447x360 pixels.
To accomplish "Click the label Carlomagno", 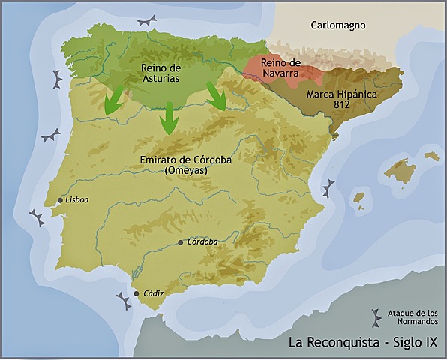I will click(337, 25).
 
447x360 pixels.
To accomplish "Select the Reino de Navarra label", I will click(280, 68).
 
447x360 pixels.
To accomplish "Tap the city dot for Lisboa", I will click(59, 200).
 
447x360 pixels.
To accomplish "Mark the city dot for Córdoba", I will click(181, 242).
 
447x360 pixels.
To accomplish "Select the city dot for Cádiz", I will click(136, 293).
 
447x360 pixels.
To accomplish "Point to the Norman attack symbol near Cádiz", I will click(123, 301).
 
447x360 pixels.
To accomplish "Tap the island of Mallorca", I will click(400, 171).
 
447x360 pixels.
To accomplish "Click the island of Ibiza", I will click(361, 200).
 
